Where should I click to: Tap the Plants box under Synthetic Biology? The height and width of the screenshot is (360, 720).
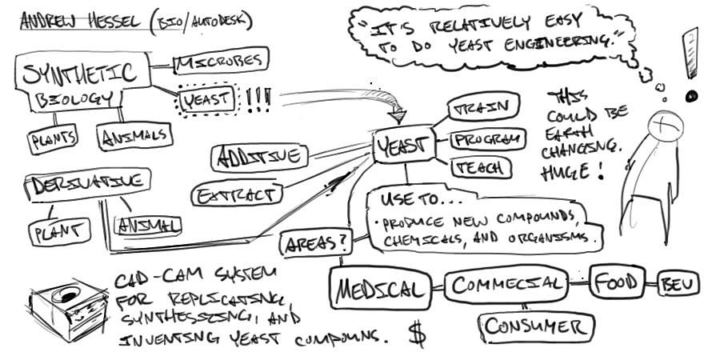tap(54, 141)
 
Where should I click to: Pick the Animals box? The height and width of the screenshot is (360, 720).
tap(134, 136)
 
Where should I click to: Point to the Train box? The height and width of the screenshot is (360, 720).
tap(485, 106)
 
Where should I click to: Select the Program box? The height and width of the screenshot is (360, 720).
tap(487, 139)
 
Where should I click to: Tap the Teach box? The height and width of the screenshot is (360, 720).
tap(482, 166)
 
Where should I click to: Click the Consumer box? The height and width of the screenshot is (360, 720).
tap(537, 326)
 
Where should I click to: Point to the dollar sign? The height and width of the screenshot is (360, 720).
tap(417, 333)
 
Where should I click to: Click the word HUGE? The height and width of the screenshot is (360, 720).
tap(563, 172)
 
